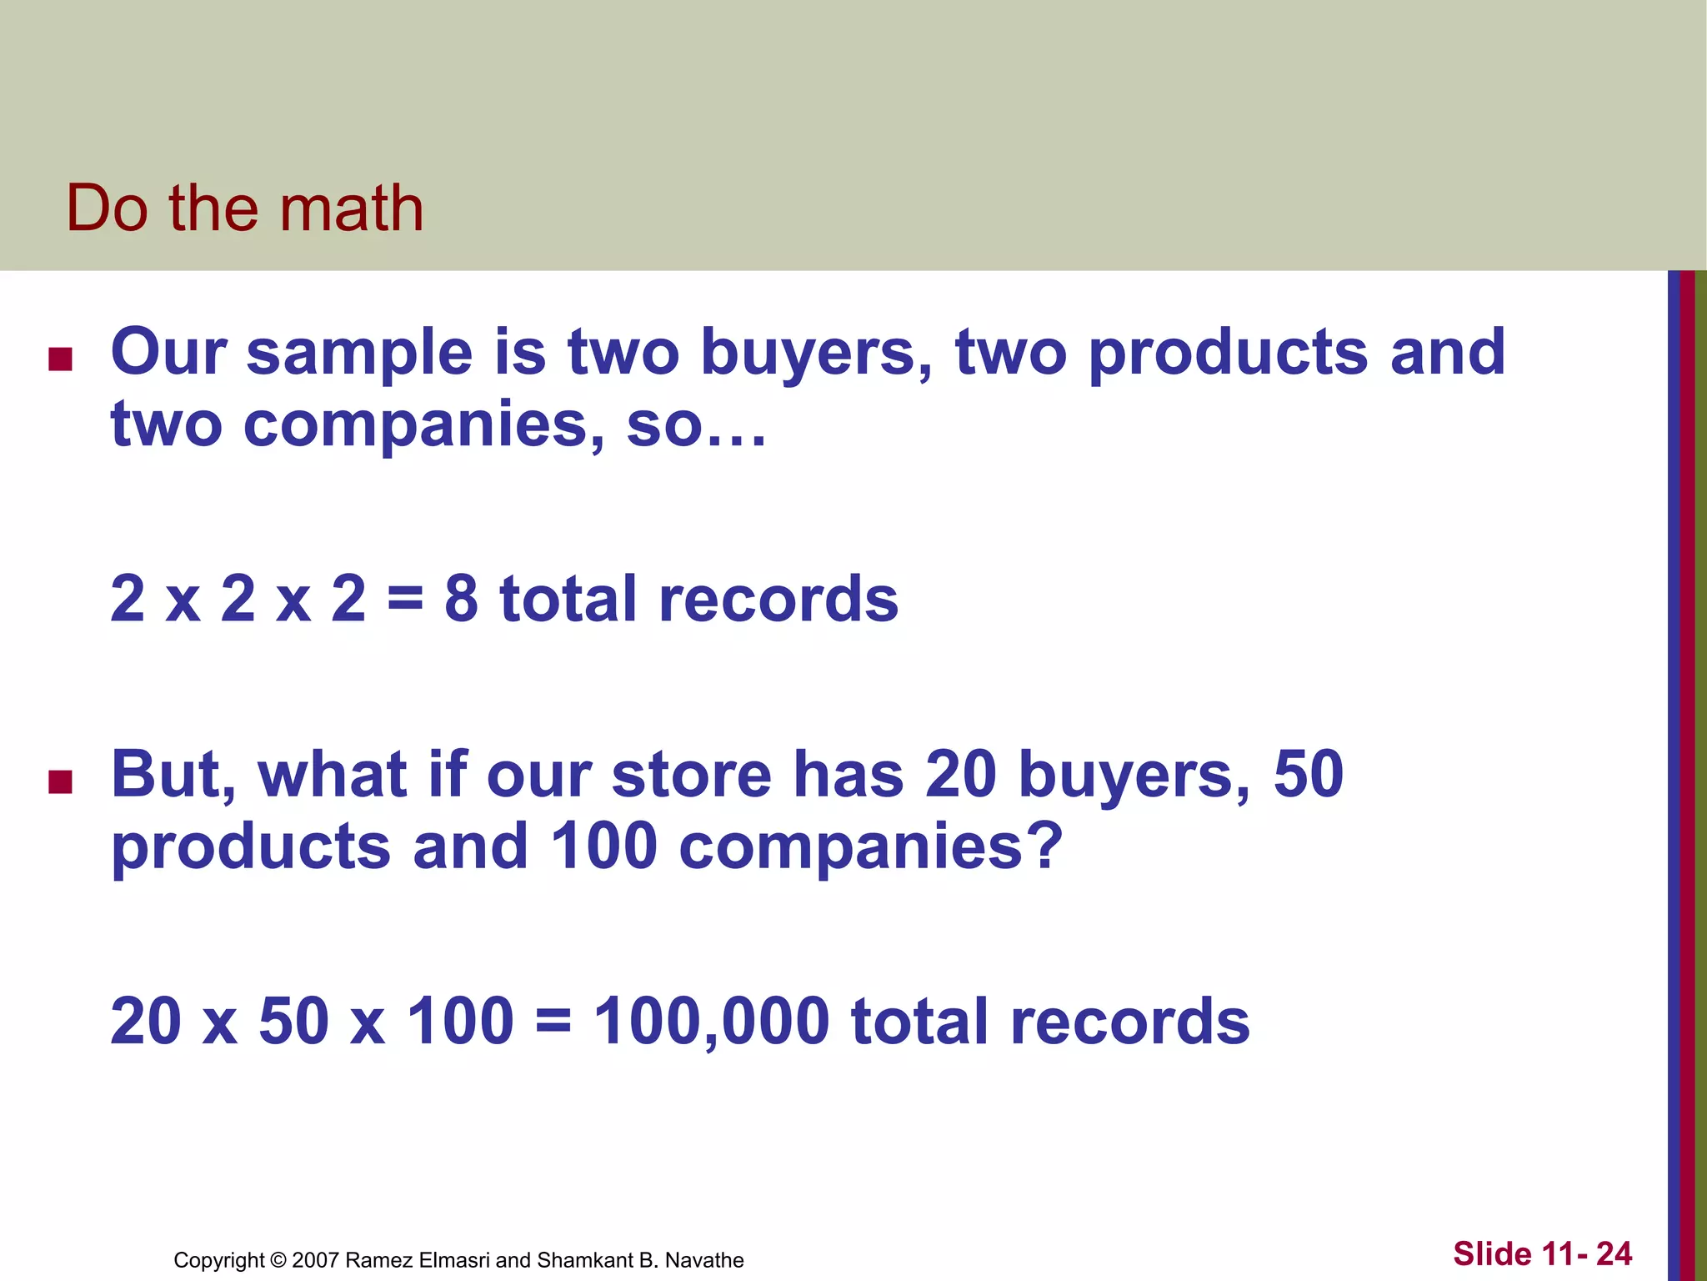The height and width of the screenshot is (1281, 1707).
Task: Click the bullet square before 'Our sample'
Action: pos(60,359)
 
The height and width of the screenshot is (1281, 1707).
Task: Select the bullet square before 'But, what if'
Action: pos(60,781)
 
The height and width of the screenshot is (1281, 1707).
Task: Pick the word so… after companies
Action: pos(696,424)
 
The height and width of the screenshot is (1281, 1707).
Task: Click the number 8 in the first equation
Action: pos(461,598)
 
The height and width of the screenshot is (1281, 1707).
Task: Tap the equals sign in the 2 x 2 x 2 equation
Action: pos(405,600)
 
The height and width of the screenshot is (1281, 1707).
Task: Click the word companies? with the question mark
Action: pos(871,846)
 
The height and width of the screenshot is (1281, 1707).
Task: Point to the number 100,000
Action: pos(712,1021)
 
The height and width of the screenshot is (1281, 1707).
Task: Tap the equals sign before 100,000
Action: pos(553,1022)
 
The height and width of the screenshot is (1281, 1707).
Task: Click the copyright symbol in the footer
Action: pos(278,1260)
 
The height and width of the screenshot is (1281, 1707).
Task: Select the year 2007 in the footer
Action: pos(315,1260)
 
